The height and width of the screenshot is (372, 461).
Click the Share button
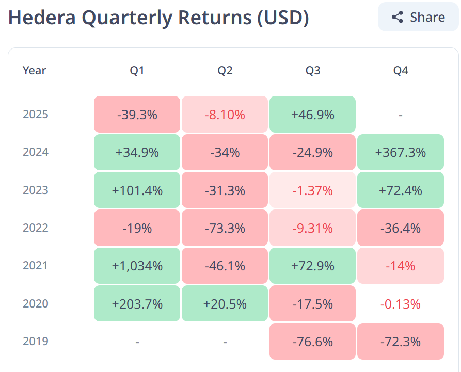click(x=418, y=17)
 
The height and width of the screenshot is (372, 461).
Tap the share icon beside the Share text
click(x=397, y=17)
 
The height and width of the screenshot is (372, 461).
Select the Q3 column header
click(x=312, y=71)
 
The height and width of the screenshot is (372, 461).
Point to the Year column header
click(x=35, y=71)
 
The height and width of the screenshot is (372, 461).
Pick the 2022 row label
click(x=36, y=228)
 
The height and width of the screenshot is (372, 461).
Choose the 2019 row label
click(x=36, y=341)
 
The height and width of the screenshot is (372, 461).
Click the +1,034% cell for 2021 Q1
click(x=137, y=266)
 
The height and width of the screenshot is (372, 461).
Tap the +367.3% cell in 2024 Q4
click(x=401, y=152)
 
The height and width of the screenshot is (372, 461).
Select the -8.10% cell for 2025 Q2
click(x=225, y=114)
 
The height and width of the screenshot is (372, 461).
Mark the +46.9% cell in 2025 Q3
click(x=312, y=114)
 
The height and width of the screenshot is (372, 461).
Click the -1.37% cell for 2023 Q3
click(x=312, y=190)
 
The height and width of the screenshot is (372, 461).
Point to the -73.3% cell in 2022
click(x=225, y=228)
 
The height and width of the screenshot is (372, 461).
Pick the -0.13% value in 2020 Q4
click(x=401, y=304)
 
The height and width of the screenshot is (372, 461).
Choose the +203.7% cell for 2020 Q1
click(x=137, y=304)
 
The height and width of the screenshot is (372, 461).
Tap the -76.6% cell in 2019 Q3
click(x=312, y=341)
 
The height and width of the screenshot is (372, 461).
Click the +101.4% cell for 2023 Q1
click(x=137, y=190)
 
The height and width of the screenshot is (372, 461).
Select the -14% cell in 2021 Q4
click(x=401, y=266)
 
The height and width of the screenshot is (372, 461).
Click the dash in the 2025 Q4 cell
click(x=401, y=115)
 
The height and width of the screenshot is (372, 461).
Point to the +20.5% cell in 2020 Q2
click(x=225, y=304)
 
